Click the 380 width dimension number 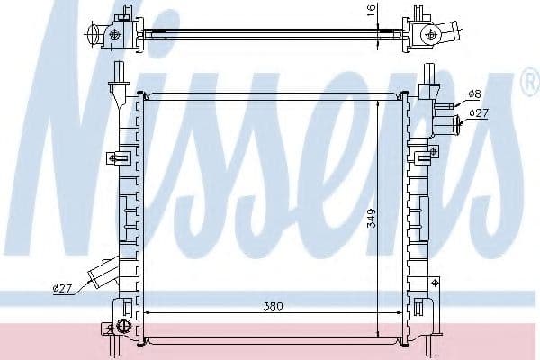click(x=273, y=306)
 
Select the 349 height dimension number click(x=370, y=219)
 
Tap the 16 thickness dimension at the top click(x=368, y=12)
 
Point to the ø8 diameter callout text click(x=475, y=94)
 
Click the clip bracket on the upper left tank click(x=116, y=158)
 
